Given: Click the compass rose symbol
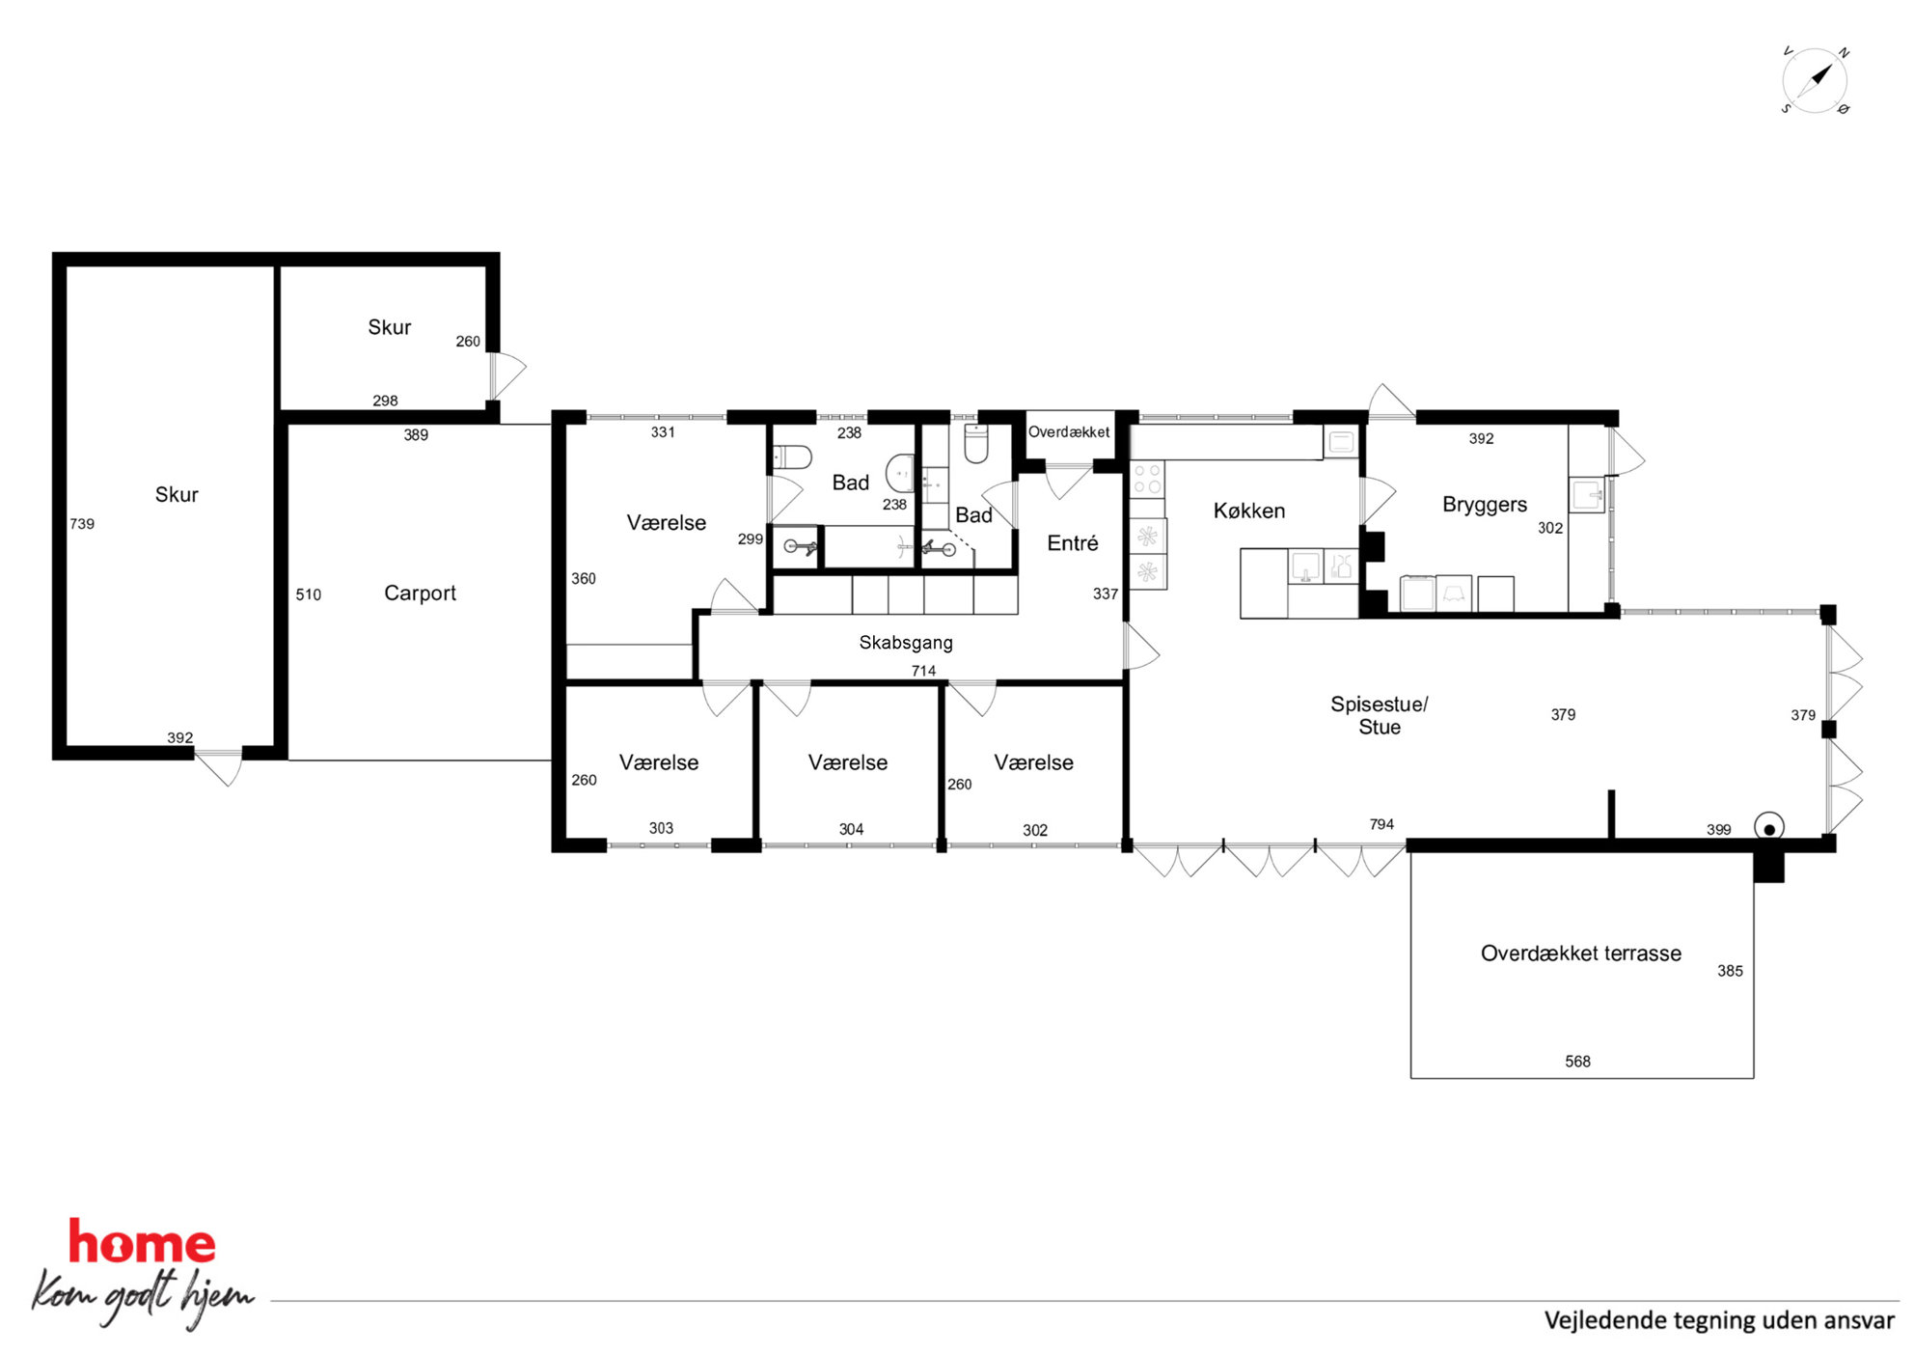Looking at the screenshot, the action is [x=1815, y=80].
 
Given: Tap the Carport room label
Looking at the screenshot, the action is [x=420, y=594].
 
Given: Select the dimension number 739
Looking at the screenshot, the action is [x=82, y=524].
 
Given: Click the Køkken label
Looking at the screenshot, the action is [x=1249, y=511].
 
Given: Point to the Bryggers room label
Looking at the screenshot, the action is [x=1485, y=505].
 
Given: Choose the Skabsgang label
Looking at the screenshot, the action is [x=906, y=643].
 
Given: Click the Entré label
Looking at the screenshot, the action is [x=1073, y=543].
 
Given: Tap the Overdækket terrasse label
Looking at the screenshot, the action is [x=1581, y=953].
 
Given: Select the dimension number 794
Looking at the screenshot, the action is [x=1381, y=824].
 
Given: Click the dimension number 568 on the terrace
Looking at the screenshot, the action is [x=1577, y=1062].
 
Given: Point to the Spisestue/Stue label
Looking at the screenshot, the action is [x=1380, y=715].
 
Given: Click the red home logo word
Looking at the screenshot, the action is [x=142, y=1242].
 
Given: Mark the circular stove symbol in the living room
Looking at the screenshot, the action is [x=1769, y=828].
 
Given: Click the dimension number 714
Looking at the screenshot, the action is [x=923, y=671].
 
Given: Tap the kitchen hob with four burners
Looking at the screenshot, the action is [x=1147, y=480].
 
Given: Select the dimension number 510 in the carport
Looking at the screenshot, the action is [x=309, y=594].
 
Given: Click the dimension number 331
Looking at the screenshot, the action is [x=663, y=432].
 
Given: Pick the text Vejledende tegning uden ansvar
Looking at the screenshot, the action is [x=1719, y=1320].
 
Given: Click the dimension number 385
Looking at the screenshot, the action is [x=1730, y=971].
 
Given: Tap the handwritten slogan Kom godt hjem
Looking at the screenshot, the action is [x=143, y=1297].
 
